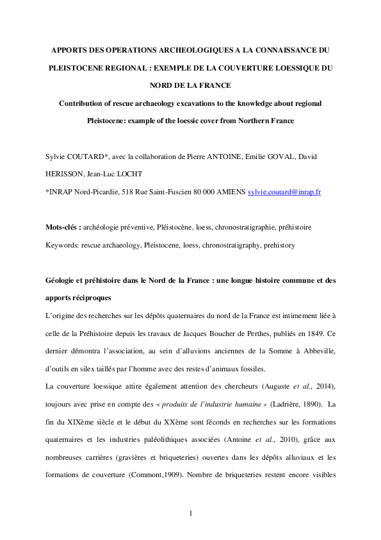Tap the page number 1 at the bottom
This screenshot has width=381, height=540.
click(x=191, y=513)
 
